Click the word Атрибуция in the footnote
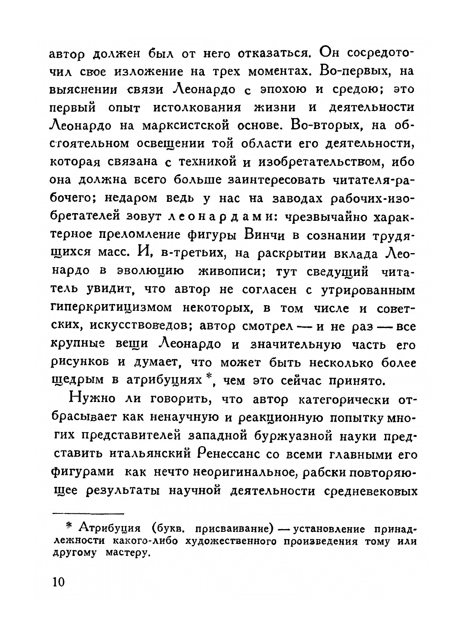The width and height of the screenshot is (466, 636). click(x=107, y=529)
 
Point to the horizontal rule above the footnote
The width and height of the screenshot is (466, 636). click(x=89, y=513)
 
